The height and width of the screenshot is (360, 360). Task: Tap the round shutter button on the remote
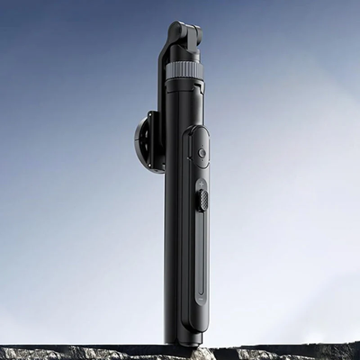point(202,153)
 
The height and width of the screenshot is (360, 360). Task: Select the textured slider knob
point(203,200)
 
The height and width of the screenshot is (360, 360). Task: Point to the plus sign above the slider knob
point(201,184)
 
